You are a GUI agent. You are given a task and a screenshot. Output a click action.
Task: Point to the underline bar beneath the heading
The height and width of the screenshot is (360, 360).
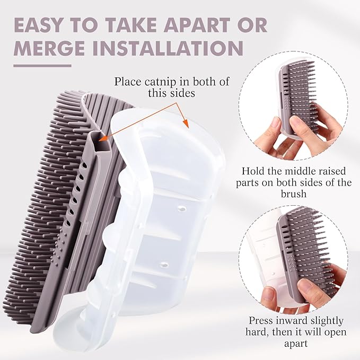(x=42, y=66)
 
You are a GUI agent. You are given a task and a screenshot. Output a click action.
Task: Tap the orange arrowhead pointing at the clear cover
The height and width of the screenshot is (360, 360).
(x=186, y=124)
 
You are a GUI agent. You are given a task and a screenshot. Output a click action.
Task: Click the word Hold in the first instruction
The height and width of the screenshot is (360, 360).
(x=252, y=171)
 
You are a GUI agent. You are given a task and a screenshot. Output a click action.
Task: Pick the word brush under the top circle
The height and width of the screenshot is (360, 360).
(x=294, y=194)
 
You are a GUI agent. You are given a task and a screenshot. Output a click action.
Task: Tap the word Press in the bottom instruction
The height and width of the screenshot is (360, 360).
(x=261, y=321)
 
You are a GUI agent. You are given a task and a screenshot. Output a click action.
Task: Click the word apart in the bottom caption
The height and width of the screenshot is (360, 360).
(x=296, y=344)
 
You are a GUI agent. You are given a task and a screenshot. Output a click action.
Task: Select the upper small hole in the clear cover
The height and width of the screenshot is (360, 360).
(x=182, y=209)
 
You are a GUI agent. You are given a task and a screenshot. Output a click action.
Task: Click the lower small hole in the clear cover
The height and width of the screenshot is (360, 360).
(x=164, y=265)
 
